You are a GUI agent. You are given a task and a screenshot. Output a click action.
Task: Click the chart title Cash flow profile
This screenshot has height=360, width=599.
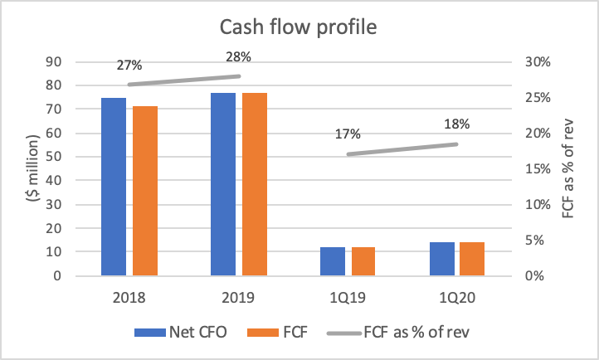point(299,27)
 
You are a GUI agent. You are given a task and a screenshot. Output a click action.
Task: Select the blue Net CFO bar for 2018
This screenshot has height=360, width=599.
point(114,187)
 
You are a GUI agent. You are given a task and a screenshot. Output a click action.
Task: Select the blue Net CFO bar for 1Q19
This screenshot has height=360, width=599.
point(333,261)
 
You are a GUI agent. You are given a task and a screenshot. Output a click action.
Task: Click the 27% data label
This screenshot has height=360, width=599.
point(129,65)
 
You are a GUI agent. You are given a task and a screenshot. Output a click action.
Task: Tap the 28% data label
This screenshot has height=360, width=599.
point(238,57)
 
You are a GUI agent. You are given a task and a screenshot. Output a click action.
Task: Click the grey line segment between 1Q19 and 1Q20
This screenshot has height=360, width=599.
point(402,149)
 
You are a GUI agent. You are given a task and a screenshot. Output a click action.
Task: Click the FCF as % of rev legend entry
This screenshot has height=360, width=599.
point(412,333)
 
